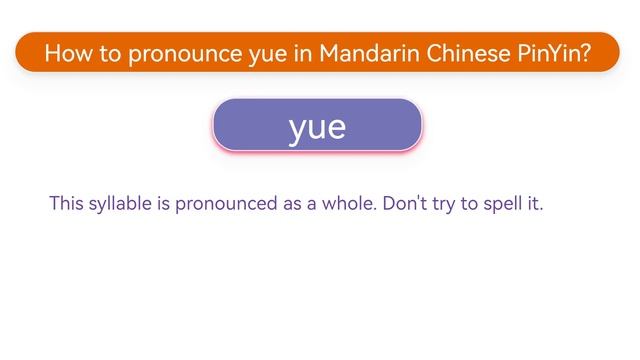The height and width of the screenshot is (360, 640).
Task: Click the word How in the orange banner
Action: (x=66, y=53)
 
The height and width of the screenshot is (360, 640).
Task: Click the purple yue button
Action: (x=317, y=126)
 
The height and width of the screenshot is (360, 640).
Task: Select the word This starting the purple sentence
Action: (x=67, y=204)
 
